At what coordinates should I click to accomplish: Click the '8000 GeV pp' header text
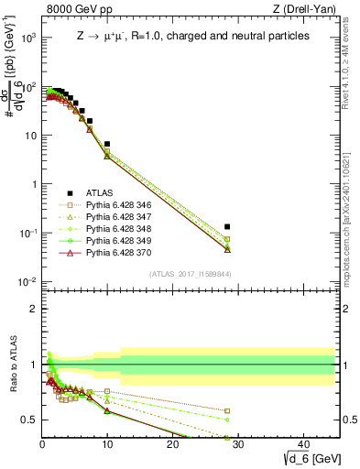[74, 10]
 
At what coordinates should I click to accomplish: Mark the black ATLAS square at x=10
[107, 144]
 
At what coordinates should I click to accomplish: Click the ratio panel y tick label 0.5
[29, 420]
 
